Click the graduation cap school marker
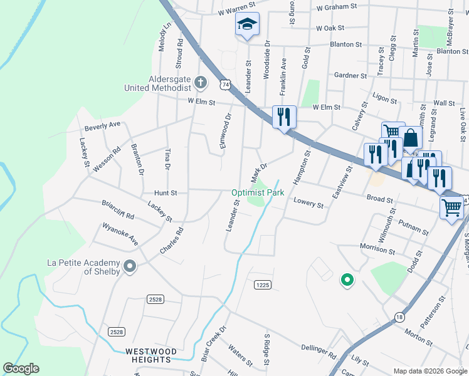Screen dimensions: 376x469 247,26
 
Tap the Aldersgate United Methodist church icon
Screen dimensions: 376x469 200,81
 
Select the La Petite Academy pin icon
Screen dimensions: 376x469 130,267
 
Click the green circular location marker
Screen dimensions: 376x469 345,280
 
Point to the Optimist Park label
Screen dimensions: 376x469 258,193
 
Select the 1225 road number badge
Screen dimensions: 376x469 263,285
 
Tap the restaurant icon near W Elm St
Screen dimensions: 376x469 284,117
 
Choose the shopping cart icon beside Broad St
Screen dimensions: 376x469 451,207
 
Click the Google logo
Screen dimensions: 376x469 21,368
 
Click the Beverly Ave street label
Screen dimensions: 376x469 102,125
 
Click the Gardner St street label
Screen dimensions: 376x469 350,76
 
